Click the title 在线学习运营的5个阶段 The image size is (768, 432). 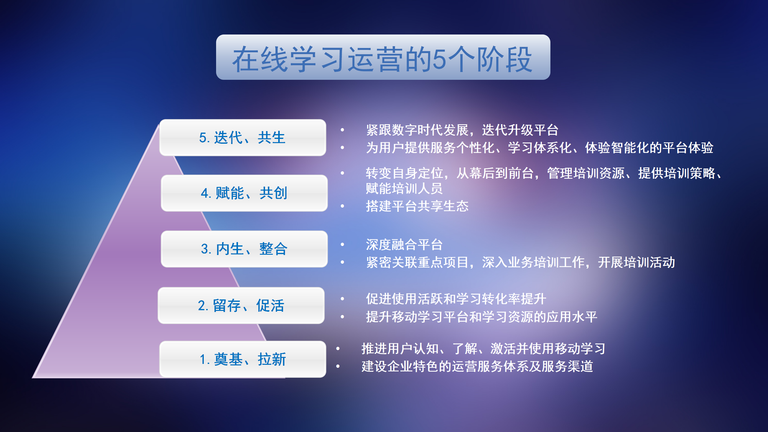click(x=383, y=59)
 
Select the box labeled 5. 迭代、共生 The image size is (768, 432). click(x=242, y=138)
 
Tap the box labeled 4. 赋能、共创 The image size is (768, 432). click(x=244, y=193)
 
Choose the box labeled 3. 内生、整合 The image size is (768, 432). click(x=244, y=249)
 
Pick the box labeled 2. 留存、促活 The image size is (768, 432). click(x=241, y=306)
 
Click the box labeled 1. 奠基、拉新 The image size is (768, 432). click(x=242, y=359)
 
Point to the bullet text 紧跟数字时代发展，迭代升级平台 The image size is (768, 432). click(x=462, y=130)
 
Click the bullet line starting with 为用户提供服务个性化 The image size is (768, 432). click(x=539, y=148)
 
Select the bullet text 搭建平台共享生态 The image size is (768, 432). click(x=417, y=206)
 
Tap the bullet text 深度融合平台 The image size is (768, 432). click(x=404, y=244)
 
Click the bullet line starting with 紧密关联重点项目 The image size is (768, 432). click(x=520, y=262)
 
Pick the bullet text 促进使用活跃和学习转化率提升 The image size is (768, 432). click(x=456, y=299)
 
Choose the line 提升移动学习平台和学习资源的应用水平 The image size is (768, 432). click(x=481, y=317)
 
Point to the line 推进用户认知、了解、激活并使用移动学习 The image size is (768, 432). click(x=483, y=349)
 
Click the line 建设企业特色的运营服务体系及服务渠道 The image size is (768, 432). click(x=477, y=366)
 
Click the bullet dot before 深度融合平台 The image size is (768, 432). click(x=342, y=244)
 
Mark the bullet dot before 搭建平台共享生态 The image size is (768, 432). click(x=342, y=206)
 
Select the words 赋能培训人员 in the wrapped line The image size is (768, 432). click(x=404, y=189)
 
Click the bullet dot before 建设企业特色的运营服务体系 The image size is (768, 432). click(x=338, y=366)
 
